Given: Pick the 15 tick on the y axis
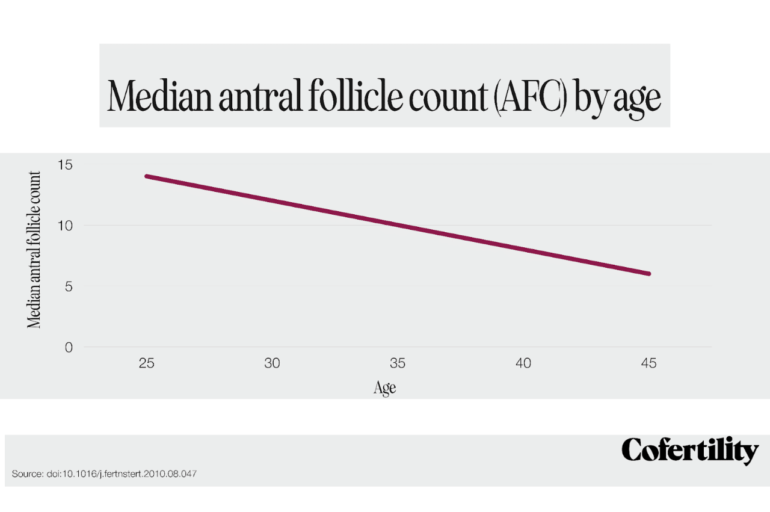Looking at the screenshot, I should (x=65, y=164).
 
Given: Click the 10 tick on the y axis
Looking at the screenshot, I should (x=65, y=226).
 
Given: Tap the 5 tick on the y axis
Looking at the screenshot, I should (x=68, y=286).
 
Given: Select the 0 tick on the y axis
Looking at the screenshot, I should (x=68, y=347).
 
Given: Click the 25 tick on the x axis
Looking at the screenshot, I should (x=146, y=363).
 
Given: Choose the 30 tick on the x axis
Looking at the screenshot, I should (x=272, y=363).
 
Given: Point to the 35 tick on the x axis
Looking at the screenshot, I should (x=398, y=363).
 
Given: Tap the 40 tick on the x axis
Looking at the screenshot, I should (x=523, y=363).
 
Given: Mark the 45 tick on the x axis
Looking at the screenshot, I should (x=649, y=363).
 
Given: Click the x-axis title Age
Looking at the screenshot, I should (x=385, y=387).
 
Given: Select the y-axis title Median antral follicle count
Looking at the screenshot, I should (x=34, y=250).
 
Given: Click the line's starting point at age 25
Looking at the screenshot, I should (x=146, y=176).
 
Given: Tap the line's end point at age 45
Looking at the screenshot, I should (x=649, y=274).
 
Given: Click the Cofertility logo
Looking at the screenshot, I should (x=690, y=450).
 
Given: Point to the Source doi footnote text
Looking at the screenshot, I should (x=104, y=474).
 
